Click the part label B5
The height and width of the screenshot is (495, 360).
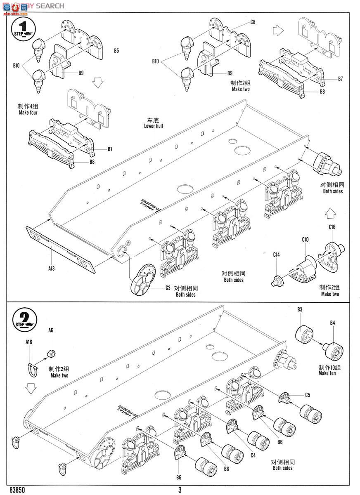pos(116,51)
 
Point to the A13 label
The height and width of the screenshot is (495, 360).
pos(51,268)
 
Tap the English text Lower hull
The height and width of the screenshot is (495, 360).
pos(153,126)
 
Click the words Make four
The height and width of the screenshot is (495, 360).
pos(28,112)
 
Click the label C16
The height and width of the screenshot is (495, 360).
pos(332,227)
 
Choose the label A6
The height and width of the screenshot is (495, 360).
pos(51,330)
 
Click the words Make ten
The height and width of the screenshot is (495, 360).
pos(327,373)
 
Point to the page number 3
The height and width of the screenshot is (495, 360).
pos(180,490)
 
